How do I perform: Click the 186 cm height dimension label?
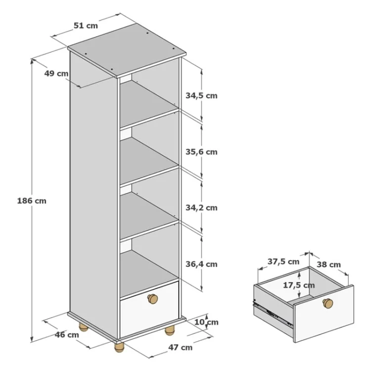pos(32,201)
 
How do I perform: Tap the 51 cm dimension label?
pos(86,26)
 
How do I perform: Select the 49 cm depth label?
pos(56,73)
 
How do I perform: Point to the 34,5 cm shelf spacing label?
pos(201,96)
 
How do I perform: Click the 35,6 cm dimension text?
pos(201,152)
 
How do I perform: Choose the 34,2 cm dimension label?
pos(201,208)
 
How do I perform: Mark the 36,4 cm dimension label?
pos(201,264)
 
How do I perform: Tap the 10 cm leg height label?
pos(206,322)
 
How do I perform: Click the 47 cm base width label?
pos(180,347)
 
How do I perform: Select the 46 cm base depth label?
pos(67,335)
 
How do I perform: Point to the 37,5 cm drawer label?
pos(283,262)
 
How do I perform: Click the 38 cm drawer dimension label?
pos(329,265)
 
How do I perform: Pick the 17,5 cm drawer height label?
pos(299,285)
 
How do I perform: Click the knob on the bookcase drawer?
pos(153,299)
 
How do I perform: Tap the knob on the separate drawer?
pos(328,303)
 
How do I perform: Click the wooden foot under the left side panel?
pos(83,327)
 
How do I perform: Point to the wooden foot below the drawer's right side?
pos(169,330)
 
